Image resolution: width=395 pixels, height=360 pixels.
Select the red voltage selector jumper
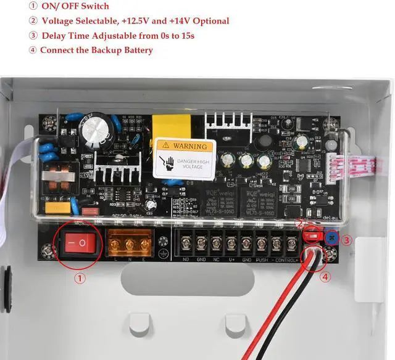pos(312,235)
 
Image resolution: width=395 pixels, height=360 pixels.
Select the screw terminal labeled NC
pos(216,243)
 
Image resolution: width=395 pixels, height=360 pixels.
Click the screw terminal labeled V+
pos(231,243)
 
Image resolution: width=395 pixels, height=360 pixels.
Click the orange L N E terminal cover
pos(130,243)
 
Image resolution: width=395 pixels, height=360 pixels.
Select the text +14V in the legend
pos(169,21)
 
